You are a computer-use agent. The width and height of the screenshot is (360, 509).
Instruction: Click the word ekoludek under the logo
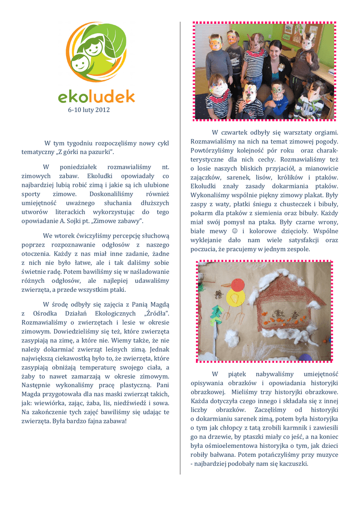point(96,95)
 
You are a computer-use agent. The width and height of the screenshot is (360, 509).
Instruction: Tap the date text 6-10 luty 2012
point(89,109)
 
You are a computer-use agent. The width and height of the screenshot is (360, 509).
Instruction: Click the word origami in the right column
point(325,133)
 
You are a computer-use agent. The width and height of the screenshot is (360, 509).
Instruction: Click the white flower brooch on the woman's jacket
point(281,66)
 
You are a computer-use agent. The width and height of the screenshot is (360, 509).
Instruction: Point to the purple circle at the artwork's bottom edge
point(306,357)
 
